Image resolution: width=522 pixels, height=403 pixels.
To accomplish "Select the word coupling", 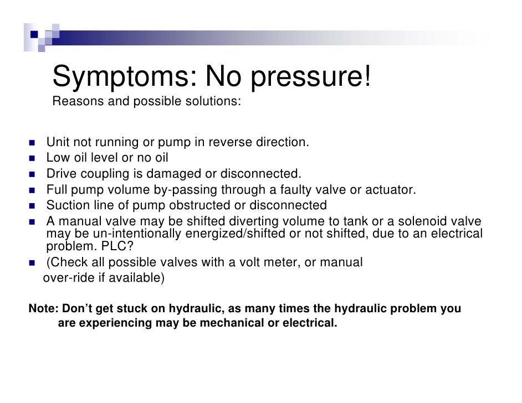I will click(x=105, y=174).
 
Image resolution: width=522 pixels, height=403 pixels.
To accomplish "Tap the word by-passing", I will click(x=186, y=190).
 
